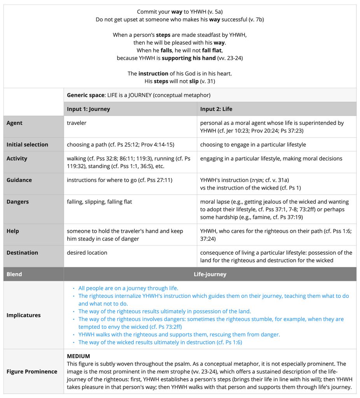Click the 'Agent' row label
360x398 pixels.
pos(14,123)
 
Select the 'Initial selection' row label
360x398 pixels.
pos(27,145)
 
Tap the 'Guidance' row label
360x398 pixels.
pos(19,180)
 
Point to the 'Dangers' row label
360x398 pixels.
pos(17,202)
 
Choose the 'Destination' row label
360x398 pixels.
pos(22,253)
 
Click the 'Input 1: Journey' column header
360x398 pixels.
pos(88,109)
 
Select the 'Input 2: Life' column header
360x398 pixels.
pos(216,109)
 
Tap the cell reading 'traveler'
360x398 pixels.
pos(77,123)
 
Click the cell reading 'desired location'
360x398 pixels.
pos(87,253)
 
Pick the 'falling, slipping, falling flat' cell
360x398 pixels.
pos(100,202)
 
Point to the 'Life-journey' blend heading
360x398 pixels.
pos(210,274)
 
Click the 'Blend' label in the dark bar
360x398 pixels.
pos(14,274)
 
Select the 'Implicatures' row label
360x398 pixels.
pos(23,315)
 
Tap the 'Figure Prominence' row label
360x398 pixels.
pos(32,372)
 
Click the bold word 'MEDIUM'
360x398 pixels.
pos(79,356)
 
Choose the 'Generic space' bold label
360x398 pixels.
pos(86,95)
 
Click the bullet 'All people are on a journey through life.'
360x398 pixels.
pos(128,288)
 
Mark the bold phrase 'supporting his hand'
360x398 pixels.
pos(189,58)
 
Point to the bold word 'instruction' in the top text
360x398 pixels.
pos(154,73)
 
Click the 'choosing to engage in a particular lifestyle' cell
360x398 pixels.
pos(253,145)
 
